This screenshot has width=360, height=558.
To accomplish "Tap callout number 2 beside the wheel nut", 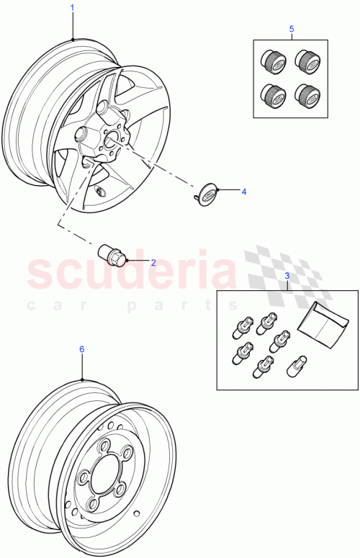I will point(153,262).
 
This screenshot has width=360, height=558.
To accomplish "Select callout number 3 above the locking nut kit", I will point(287,276).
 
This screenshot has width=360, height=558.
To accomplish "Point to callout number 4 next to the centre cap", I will point(243,192).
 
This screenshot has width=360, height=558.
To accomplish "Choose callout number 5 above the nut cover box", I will point(291,29).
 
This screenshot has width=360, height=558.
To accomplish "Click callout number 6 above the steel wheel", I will point(81,348).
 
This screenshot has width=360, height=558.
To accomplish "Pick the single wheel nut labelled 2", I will point(112,254).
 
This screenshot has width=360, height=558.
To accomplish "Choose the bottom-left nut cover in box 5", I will point(272,95).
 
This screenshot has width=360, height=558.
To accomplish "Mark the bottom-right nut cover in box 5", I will point(307,94).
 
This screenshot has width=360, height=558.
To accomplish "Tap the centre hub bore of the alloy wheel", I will point(112,141).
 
